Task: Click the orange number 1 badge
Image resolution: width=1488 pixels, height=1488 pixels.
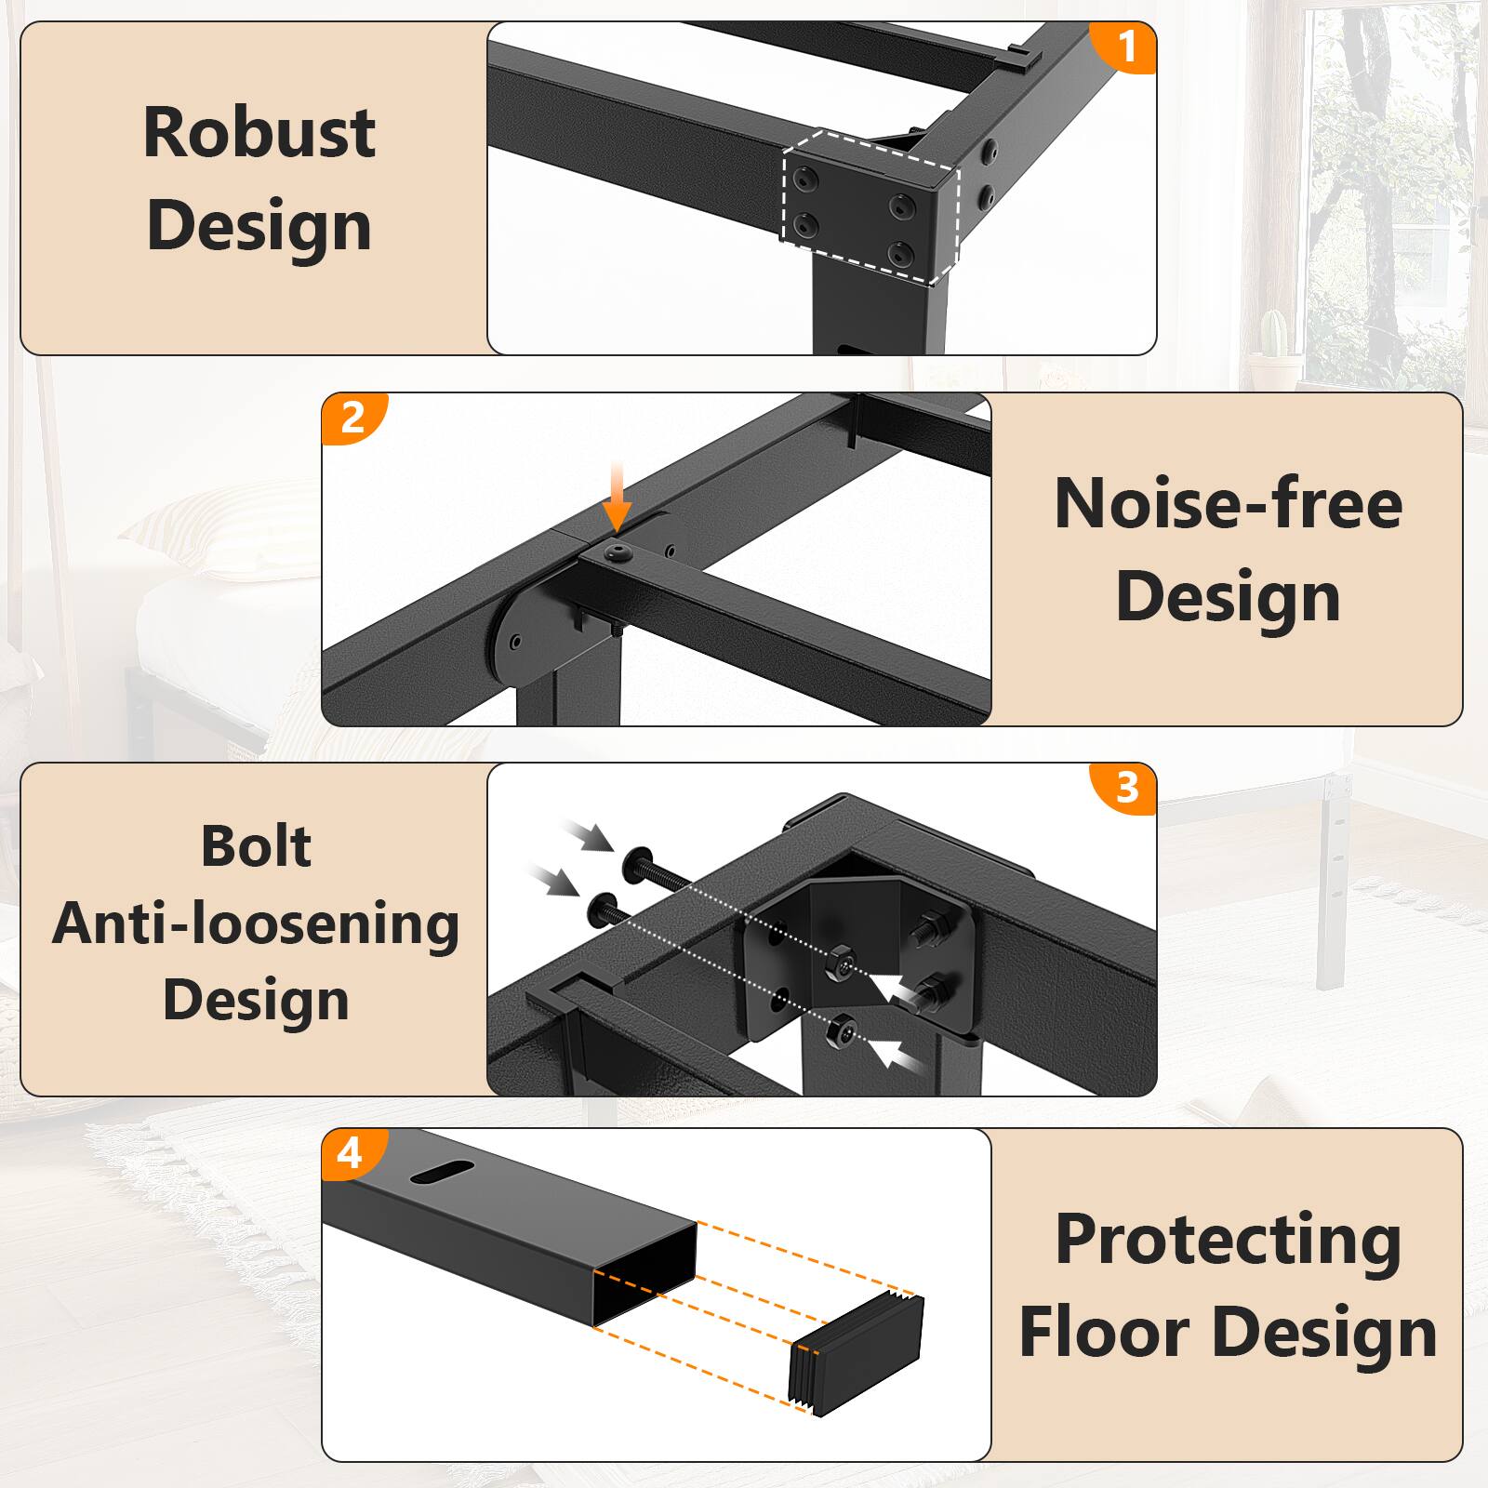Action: coord(1125,46)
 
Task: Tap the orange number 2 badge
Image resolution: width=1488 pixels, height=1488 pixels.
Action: coord(352,418)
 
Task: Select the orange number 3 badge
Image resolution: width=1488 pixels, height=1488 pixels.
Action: coord(1126,788)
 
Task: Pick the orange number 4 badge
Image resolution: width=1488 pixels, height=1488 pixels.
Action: coord(350,1153)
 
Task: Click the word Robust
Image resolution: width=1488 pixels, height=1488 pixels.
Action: coord(259,132)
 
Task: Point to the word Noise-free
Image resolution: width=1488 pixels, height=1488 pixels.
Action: coord(1228,504)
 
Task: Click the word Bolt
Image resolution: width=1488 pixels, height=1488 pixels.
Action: coord(256,846)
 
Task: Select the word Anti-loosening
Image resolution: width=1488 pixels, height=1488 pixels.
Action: coord(256,924)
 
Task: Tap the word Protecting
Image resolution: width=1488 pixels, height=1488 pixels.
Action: coord(1228,1241)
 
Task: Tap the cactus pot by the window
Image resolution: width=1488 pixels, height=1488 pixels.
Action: coord(1274,359)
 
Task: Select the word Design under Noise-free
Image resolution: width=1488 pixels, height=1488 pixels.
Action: coord(1228,597)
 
